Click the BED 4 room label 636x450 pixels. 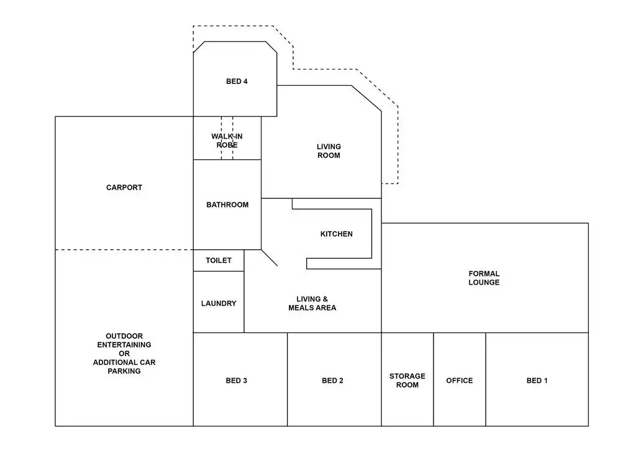237,81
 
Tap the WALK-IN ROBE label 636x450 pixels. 227,140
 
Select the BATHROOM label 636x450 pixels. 227,204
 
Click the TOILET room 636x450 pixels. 219,260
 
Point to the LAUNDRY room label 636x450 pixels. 219,303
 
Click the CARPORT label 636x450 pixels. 124,187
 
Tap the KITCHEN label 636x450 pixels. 336,234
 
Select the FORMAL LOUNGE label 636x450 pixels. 484,278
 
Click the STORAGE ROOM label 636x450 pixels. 407,380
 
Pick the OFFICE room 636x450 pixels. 460,380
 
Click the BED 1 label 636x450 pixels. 537,380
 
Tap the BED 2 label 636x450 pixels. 333,380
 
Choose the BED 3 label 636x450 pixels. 237,380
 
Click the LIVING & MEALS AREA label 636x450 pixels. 312,303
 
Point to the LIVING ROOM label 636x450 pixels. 329,151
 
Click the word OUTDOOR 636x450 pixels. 124,336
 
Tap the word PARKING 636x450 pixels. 124,371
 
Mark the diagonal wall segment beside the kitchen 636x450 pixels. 269,257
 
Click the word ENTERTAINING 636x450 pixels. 124,344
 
